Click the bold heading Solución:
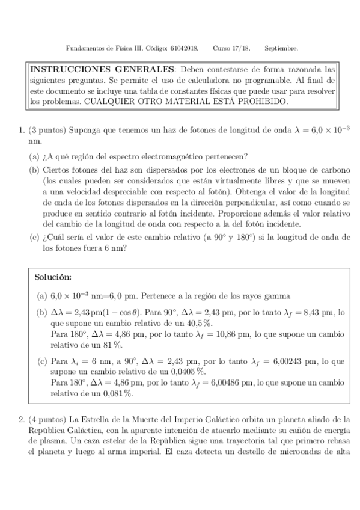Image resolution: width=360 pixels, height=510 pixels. tap(53, 277)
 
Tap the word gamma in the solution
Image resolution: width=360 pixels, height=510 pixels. tap(279, 296)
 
